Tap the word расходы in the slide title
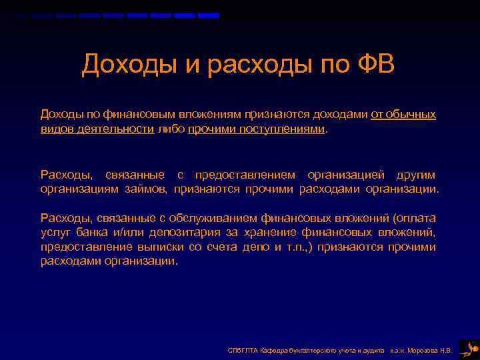[x=251, y=65]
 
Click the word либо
[x=172, y=129]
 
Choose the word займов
[x=145, y=189]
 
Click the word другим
[x=415, y=175]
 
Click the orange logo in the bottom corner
[x=469, y=348]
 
